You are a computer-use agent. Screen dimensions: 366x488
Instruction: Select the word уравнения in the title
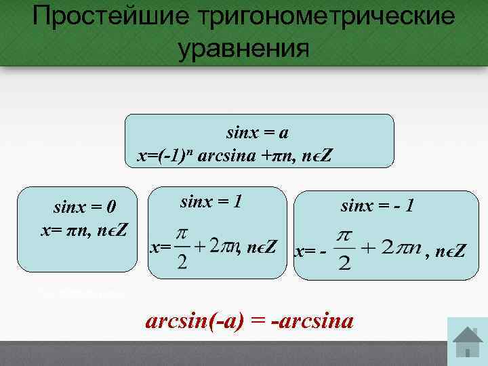tap(243, 49)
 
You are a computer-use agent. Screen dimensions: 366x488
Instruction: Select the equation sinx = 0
tap(85, 207)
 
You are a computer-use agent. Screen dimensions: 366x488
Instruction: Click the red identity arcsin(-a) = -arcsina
tap(249, 320)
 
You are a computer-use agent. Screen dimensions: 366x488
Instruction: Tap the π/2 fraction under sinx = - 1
tap(344, 249)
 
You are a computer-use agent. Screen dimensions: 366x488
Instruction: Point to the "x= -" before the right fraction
tap(310, 251)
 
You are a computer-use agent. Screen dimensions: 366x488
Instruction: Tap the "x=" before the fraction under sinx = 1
tap(160, 248)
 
